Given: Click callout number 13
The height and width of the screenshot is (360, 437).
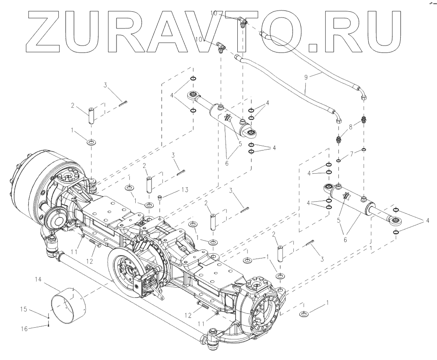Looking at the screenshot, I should point(185,189).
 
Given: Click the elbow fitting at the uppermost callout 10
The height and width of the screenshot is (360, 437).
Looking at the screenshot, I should point(242,21).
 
